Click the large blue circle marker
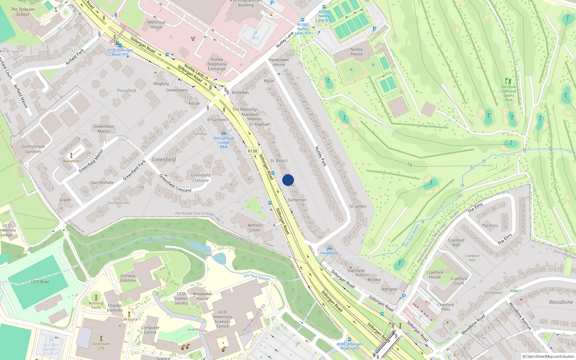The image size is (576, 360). click(288, 180)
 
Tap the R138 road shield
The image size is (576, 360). click(252, 151)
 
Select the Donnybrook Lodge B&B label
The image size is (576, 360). click(224, 142)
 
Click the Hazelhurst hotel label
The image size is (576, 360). click(329, 253)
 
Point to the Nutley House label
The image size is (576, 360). click(356, 52)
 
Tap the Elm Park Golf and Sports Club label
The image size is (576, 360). click(509, 93)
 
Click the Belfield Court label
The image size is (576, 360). click(255, 228)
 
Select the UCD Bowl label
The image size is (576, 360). click(40, 282)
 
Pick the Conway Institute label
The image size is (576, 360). click(128, 278)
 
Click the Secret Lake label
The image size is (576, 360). click(207, 253)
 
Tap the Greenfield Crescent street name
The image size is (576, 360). click(175, 183)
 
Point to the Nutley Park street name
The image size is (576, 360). click(320, 156)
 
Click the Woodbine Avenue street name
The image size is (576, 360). click(520, 315)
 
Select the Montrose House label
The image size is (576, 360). click(156, 24)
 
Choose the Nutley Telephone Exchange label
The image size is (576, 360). click(217, 64)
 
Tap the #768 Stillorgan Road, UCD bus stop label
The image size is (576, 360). click(349, 346)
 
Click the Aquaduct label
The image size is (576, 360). click(71, 161)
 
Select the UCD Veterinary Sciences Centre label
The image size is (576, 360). click(222, 319)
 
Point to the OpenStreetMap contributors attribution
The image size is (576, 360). click(548, 356)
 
